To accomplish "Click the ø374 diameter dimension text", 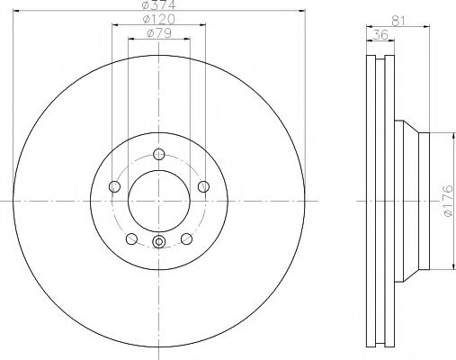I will [x=158, y=7].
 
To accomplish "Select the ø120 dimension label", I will [x=158, y=21].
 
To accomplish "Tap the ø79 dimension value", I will [x=158, y=35].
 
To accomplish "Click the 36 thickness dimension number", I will [x=379, y=35].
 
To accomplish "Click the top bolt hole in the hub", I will [x=159, y=152].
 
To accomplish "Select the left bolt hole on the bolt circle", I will [x=114, y=186].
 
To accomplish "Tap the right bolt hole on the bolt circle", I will [x=204, y=186].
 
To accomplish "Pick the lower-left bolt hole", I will [x=132, y=238].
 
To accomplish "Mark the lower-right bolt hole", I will [x=186, y=238].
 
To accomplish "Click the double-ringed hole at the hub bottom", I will [x=159, y=241].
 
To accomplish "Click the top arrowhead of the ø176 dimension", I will [x=441, y=133].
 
